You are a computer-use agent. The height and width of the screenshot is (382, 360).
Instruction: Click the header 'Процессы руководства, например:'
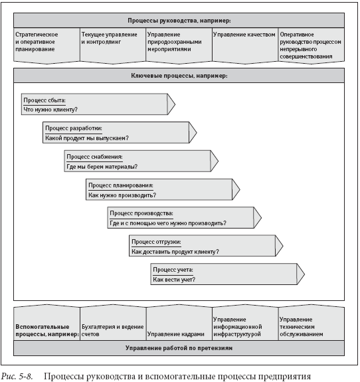coord(179,21)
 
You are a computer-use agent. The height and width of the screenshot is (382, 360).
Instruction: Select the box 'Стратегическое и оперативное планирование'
coord(46,46)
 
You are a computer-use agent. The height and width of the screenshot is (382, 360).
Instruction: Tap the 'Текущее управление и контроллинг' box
coord(113,46)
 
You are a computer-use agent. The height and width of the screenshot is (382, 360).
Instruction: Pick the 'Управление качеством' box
coord(245,46)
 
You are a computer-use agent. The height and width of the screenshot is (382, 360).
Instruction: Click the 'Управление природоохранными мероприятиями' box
coord(179,46)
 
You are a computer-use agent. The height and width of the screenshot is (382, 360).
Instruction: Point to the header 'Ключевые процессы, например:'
coord(179,76)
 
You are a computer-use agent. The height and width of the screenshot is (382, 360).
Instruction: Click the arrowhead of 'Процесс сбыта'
coord(171,104)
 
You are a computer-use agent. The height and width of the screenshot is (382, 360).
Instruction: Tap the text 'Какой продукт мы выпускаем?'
coord(87,138)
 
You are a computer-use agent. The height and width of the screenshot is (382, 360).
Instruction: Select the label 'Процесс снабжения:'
coord(94,157)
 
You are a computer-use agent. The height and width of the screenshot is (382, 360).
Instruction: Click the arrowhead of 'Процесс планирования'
coord(236,189)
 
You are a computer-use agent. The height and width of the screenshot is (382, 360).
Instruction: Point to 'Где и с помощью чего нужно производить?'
coord(168,223)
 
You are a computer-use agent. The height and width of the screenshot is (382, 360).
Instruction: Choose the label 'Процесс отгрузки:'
coord(156,242)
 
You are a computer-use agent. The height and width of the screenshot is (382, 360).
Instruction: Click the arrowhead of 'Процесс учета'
coord(301,274)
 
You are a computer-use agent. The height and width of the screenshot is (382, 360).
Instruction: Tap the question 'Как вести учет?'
coord(174,280)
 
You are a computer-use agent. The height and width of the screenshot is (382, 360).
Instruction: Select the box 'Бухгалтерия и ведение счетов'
coord(113,322)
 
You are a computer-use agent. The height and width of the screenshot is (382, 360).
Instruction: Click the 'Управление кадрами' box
coord(179,322)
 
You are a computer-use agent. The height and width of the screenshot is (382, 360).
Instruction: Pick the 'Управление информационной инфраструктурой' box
coord(245,322)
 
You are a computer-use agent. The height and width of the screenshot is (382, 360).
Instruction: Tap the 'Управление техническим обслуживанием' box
coord(312,322)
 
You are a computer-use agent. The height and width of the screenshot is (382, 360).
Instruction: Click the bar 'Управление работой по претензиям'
coord(179,348)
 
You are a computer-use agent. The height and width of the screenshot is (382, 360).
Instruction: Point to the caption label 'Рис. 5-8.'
coord(17,377)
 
